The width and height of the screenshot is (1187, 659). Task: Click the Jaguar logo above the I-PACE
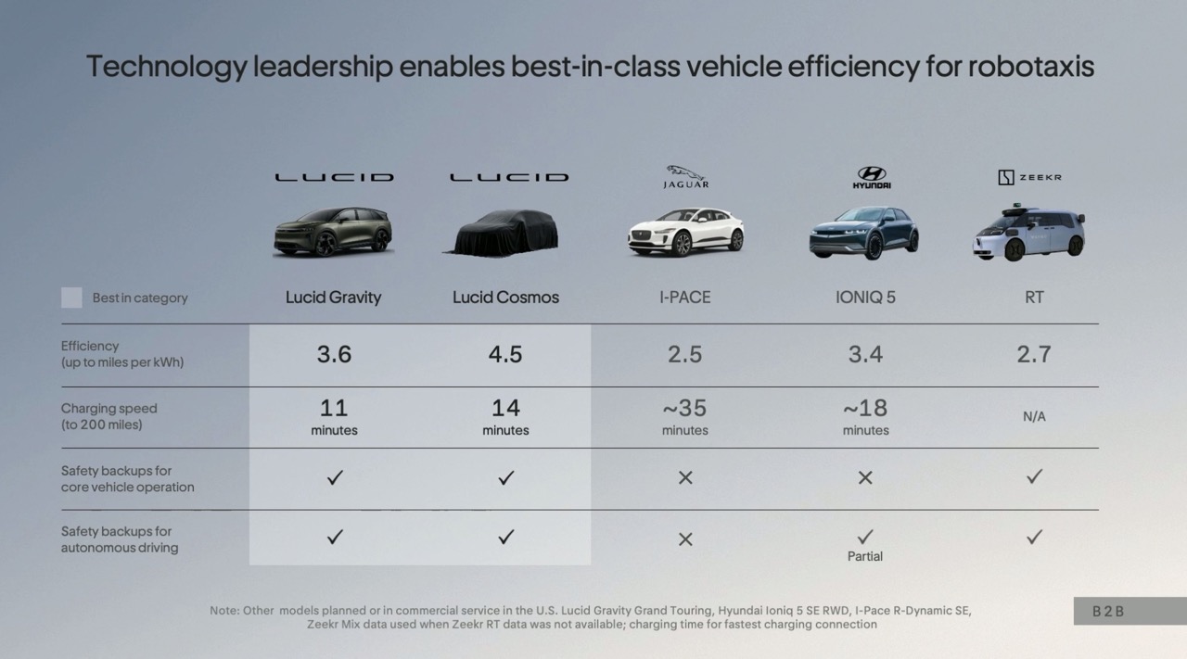pyautogui.click(x=686, y=176)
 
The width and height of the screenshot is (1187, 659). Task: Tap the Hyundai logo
pyautogui.click(x=872, y=177)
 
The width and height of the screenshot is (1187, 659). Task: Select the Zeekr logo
pyautogui.click(x=1029, y=177)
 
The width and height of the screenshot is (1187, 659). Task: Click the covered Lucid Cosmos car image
pyautogui.click(x=505, y=233)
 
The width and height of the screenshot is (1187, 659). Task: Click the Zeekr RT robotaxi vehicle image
pyautogui.click(x=1028, y=233)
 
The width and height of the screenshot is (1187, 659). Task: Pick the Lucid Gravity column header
pyautogui.click(x=334, y=298)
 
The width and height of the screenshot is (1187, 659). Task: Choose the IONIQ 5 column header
pyautogui.click(x=865, y=298)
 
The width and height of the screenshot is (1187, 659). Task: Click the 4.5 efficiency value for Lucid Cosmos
pyautogui.click(x=505, y=354)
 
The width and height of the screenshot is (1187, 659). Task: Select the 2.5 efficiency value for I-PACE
pyautogui.click(x=685, y=354)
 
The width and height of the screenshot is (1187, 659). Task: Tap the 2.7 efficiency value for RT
pyautogui.click(x=1034, y=354)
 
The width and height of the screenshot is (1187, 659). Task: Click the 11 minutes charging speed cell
pyautogui.click(x=334, y=416)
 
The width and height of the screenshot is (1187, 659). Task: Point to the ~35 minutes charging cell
pyautogui.click(x=685, y=416)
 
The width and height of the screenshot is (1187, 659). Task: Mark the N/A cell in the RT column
pyautogui.click(x=1034, y=417)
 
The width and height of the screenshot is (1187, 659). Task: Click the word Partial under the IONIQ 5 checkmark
pyautogui.click(x=865, y=556)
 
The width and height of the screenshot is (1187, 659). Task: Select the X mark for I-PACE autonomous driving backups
pyautogui.click(x=685, y=539)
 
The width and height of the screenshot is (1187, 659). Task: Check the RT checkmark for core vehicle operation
pyautogui.click(x=1034, y=476)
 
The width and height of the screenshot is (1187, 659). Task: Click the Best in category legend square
pyautogui.click(x=71, y=298)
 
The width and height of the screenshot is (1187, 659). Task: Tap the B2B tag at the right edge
pyautogui.click(x=1108, y=612)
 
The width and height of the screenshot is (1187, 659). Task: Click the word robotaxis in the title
pyautogui.click(x=1031, y=67)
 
